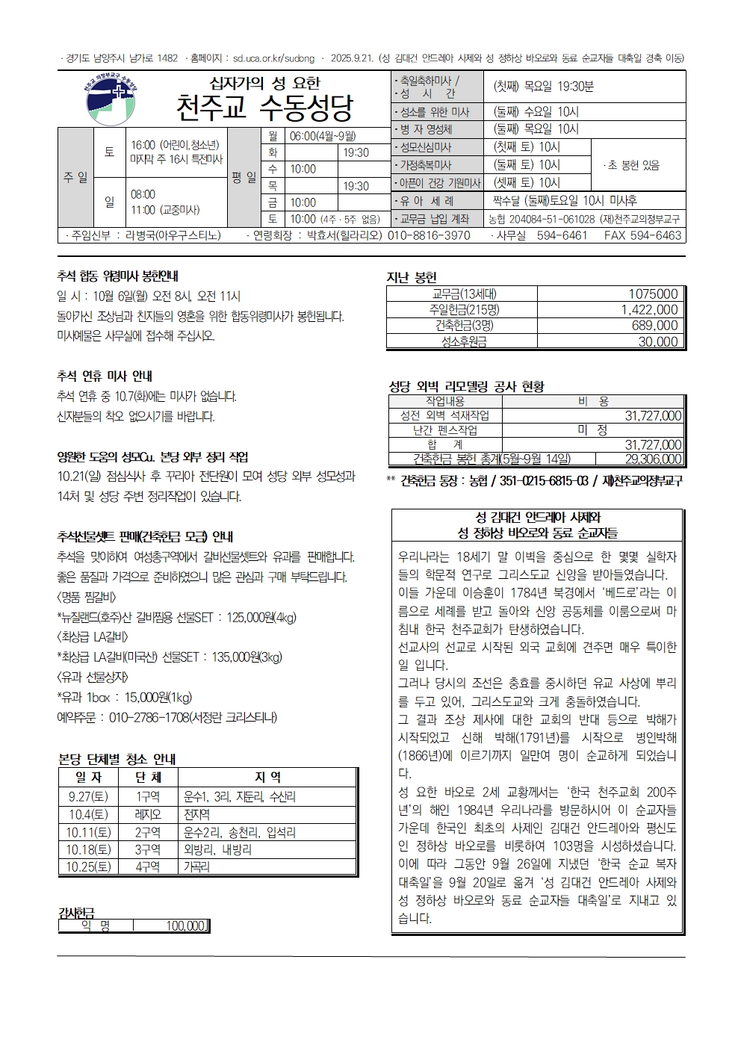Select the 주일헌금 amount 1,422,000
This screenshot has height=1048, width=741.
(x=649, y=310)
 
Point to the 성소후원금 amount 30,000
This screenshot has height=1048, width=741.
(x=658, y=342)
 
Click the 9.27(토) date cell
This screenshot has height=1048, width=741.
(x=88, y=797)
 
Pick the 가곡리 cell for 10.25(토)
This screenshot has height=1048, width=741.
(x=196, y=867)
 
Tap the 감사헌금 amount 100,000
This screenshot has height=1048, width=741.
(x=185, y=926)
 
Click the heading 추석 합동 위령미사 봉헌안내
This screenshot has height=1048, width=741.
(x=117, y=276)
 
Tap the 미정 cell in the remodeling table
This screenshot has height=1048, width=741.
(x=592, y=430)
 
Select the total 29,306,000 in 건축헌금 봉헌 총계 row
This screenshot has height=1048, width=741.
(x=653, y=459)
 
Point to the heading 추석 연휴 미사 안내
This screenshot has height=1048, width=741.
(x=105, y=376)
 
